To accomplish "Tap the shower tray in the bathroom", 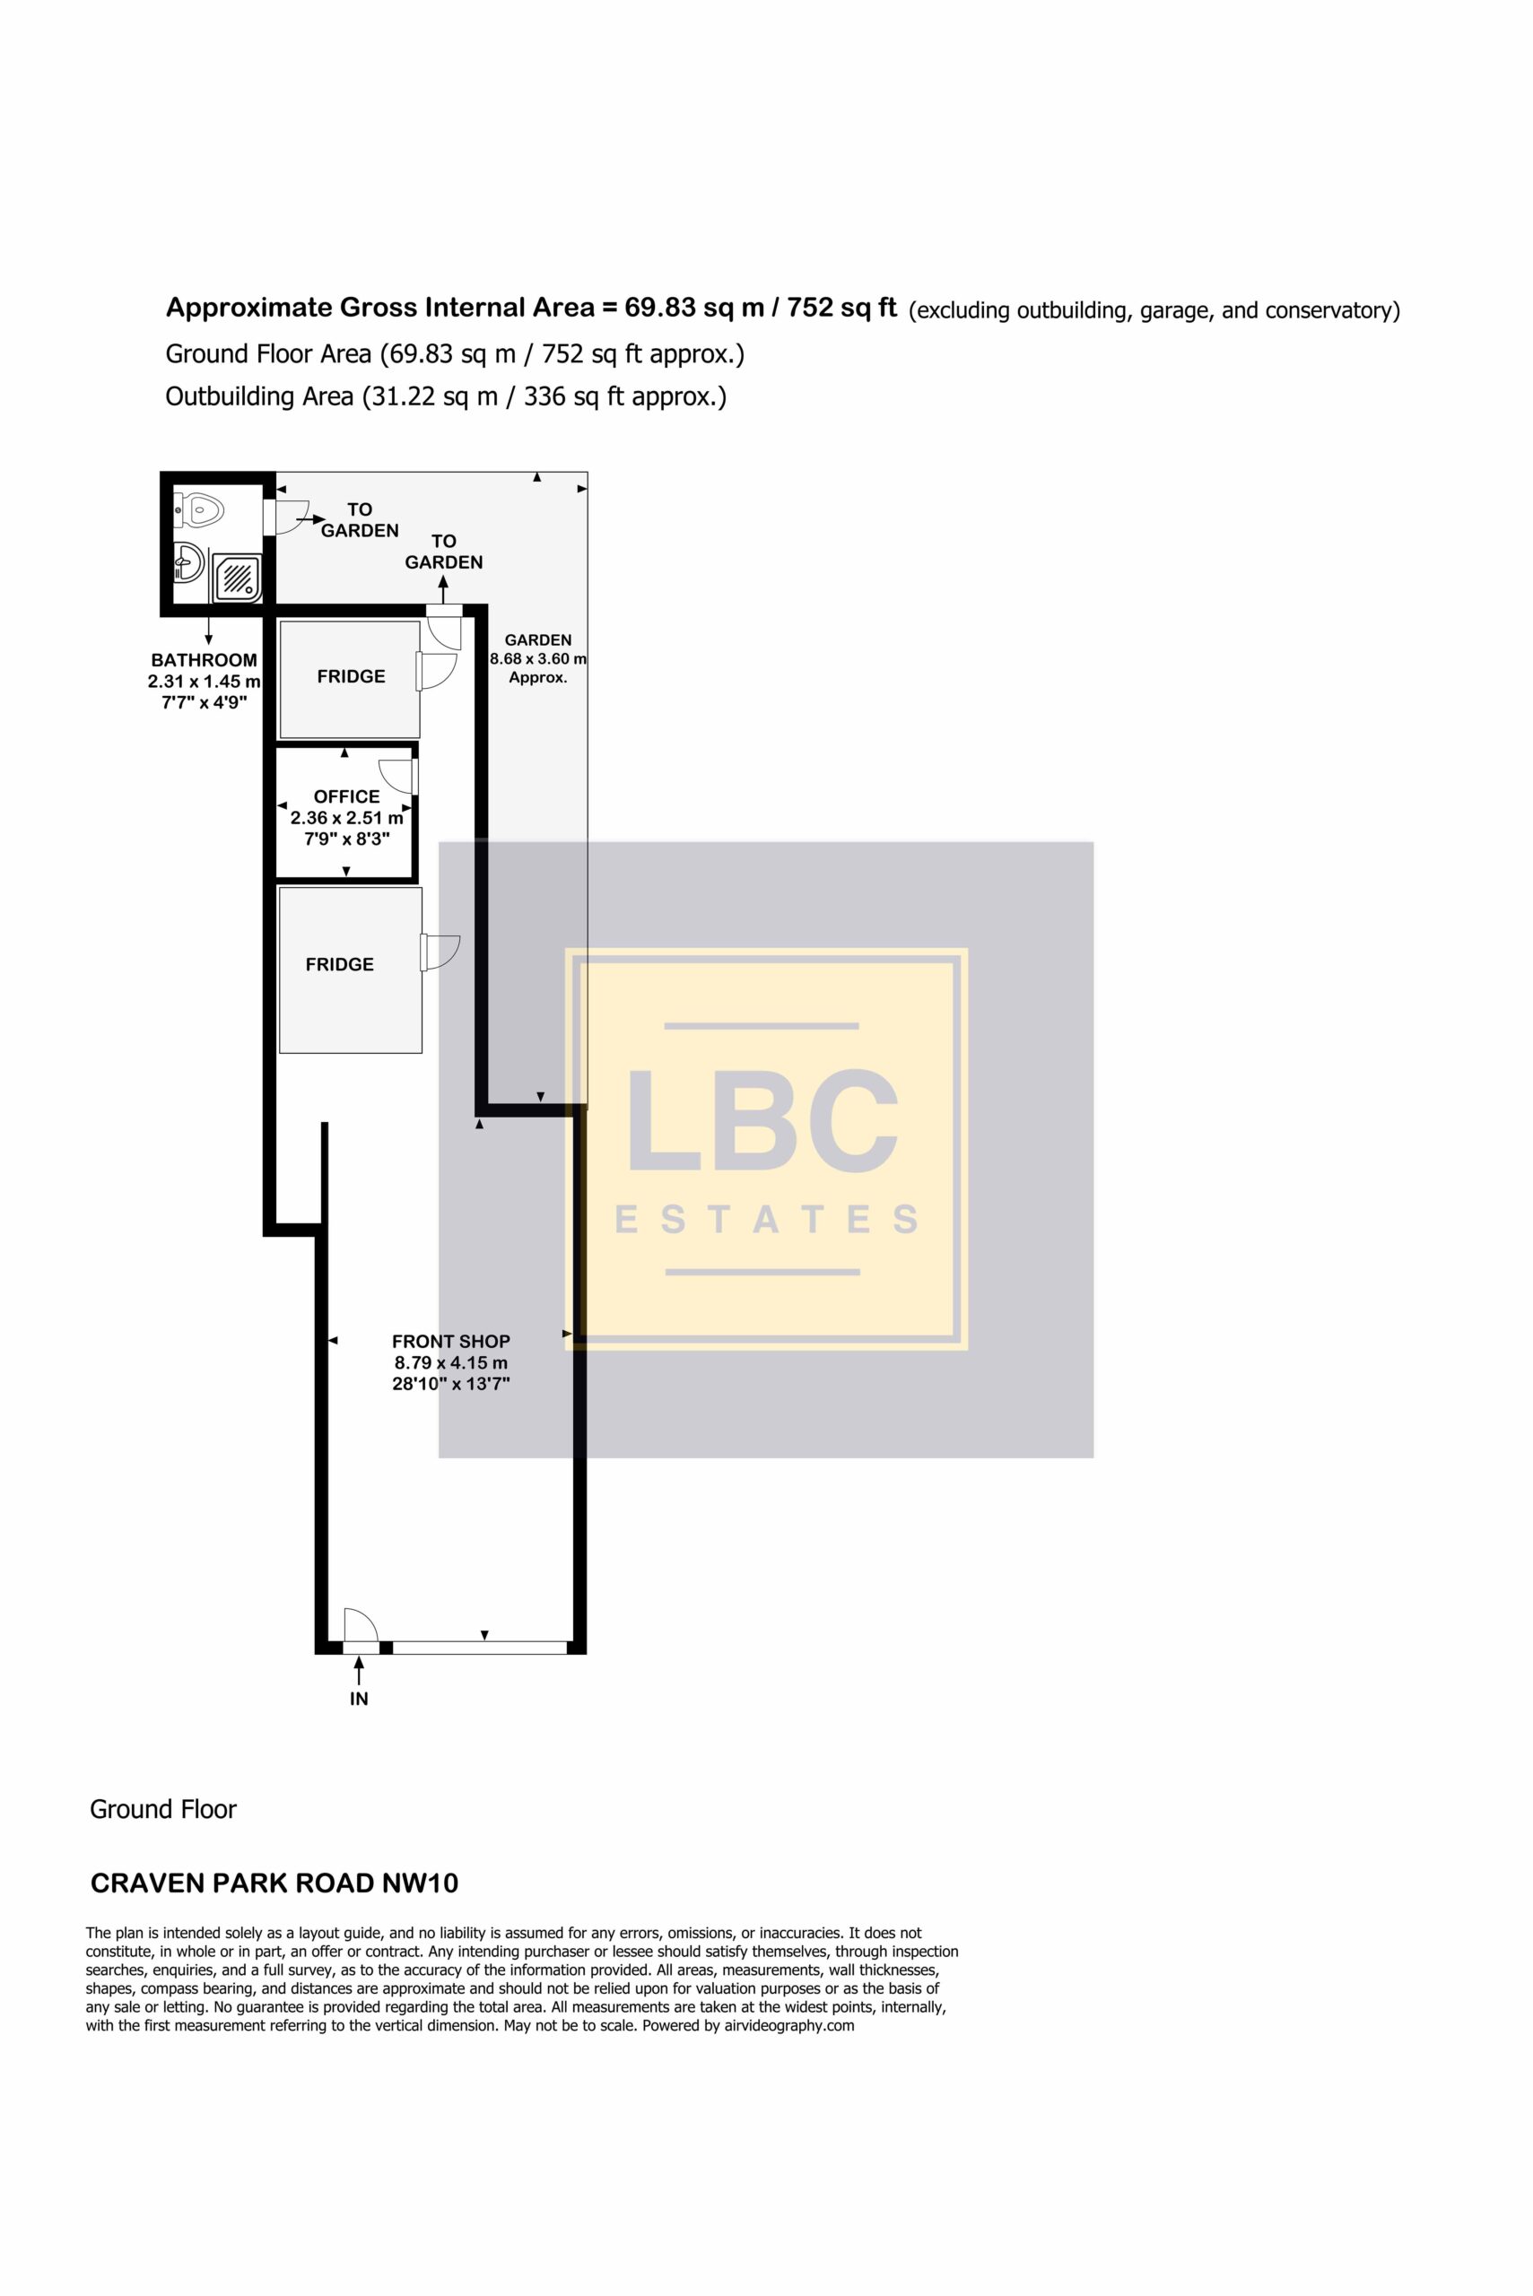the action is tap(237, 578).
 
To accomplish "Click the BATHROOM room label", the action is tap(205, 660).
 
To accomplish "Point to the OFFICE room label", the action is tap(347, 796).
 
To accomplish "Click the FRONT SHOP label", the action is tap(450, 1342).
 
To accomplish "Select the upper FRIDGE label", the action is tap(351, 676).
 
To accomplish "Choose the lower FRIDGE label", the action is tap(339, 965).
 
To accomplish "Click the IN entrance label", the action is tap(359, 1699).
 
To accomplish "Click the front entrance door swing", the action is tap(361, 1626).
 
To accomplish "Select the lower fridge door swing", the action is tap(441, 953).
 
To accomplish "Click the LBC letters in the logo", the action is tap(762, 1121).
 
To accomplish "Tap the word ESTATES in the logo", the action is tap(766, 1220).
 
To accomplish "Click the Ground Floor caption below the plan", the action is tap(163, 1810).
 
